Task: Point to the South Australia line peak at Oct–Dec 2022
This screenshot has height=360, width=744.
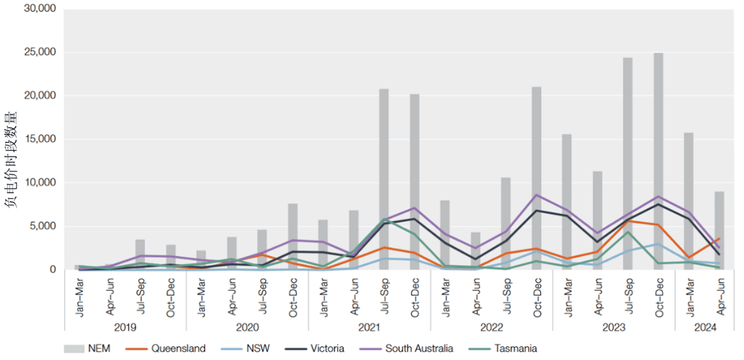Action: (536, 195)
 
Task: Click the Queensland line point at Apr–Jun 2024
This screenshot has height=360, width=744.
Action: (719, 239)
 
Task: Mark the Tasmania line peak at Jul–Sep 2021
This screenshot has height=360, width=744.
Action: (384, 219)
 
